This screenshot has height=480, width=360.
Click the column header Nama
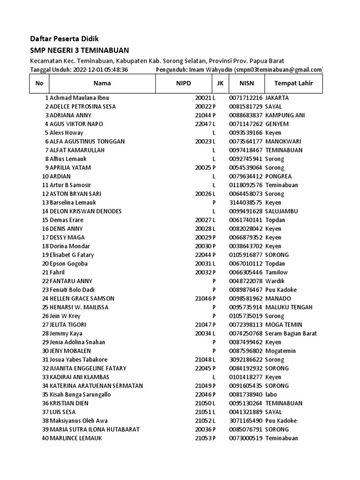[102, 83]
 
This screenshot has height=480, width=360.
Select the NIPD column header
[184, 83]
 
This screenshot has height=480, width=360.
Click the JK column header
[220, 83]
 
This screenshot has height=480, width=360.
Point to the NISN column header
[246, 83]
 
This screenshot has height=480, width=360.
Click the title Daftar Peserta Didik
[65, 38]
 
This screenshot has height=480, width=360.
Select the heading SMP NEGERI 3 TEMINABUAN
[79, 50]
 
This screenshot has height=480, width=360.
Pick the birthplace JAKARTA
[277, 98]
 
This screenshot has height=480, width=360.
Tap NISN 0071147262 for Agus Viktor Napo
[246, 124]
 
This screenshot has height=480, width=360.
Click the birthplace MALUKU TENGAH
[289, 307]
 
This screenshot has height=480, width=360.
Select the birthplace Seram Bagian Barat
[291, 333]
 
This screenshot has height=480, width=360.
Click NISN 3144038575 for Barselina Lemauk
[246, 202]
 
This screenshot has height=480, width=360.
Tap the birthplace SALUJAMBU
[281, 211]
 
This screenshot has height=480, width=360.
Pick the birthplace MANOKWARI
[283, 142]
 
